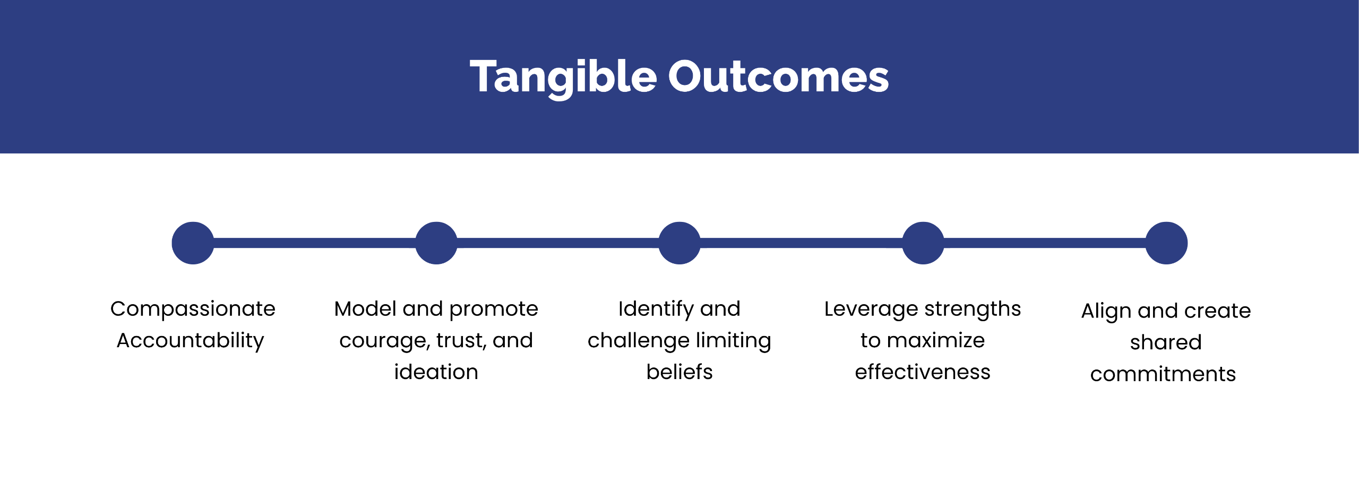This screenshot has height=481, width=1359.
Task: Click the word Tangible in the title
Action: click(563, 78)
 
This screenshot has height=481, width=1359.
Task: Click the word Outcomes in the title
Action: click(778, 78)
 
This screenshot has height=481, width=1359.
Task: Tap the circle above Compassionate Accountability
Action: click(193, 243)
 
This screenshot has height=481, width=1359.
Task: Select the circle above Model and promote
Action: click(436, 243)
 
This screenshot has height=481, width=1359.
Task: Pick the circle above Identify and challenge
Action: click(679, 243)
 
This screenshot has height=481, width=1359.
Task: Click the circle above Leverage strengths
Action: click(923, 243)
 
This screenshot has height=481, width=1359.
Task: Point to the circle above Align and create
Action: click(1166, 243)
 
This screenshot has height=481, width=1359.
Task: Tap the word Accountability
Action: click(190, 341)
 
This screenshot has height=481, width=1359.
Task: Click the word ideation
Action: click(436, 372)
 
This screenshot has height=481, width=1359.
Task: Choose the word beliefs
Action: click(679, 372)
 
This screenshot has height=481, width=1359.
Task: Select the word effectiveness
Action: click(923, 372)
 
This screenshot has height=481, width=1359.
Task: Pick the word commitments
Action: click(1163, 374)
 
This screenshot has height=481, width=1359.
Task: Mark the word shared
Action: click(1166, 343)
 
